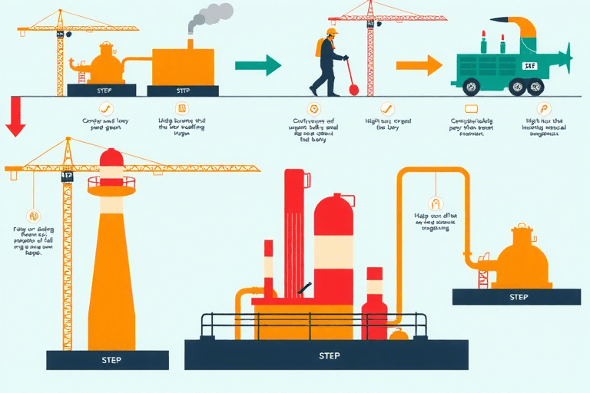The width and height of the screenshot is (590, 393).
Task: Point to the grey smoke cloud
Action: (x=210, y=16)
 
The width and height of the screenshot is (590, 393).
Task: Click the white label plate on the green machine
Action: (x=529, y=66)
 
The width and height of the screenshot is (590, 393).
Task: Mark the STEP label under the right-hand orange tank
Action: (x=518, y=296)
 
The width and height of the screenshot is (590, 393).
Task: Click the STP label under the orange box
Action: (x=183, y=91)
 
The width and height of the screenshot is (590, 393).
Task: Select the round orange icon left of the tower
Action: (x=32, y=216)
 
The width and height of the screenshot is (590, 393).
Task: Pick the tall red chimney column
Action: (x=294, y=230)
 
